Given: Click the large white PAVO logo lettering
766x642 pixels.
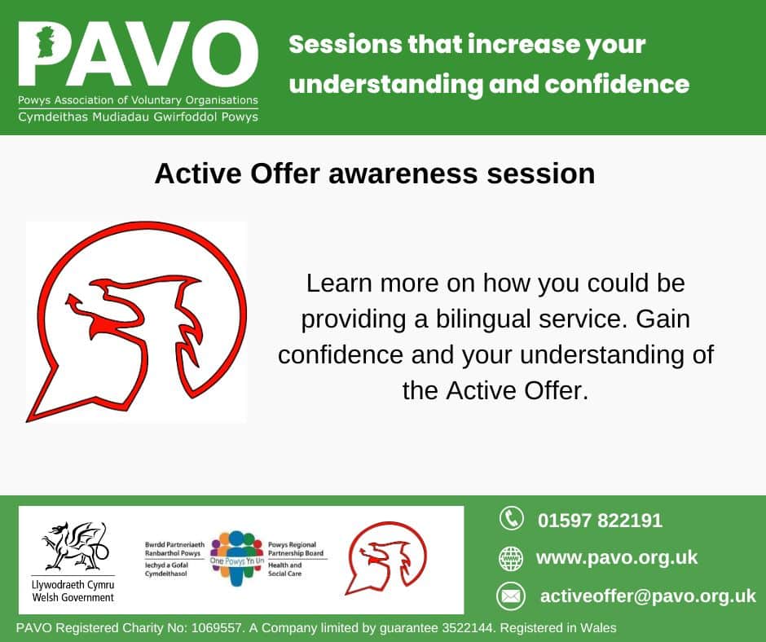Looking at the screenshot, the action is click(139, 54).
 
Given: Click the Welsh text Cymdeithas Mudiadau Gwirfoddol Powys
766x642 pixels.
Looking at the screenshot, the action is click(139, 117).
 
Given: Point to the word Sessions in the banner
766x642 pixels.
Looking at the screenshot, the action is click(345, 45).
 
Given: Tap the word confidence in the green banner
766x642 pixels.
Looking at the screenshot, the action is click(617, 84).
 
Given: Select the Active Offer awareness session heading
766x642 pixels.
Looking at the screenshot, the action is click(375, 174).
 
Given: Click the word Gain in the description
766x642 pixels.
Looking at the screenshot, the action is click(663, 319).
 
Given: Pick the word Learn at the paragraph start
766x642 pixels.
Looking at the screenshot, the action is click(339, 284).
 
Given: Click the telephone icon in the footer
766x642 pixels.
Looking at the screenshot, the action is click(511, 518).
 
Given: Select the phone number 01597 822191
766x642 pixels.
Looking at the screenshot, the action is click(600, 521).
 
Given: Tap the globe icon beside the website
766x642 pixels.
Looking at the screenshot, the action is click(510, 558).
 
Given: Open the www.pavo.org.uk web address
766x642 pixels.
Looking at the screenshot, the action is click(617, 558).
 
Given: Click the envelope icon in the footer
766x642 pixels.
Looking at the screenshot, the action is click(510, 596).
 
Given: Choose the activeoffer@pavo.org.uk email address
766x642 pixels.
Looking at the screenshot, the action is click(648, 596).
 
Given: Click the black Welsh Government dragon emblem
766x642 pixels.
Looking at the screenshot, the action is click(74, 546).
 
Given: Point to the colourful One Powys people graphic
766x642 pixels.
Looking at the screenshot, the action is click(237, 558).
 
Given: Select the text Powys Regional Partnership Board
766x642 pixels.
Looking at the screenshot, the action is click(296, 549).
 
